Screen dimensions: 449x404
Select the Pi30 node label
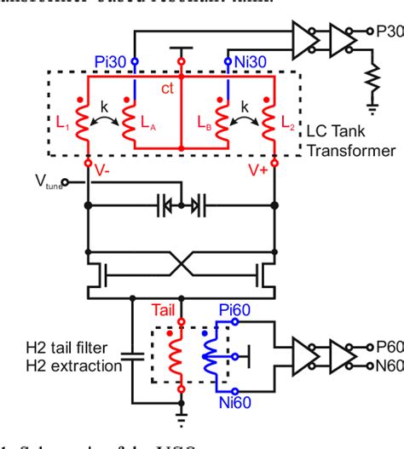tap(110, 61)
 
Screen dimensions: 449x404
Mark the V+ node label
tap(257, 170)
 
